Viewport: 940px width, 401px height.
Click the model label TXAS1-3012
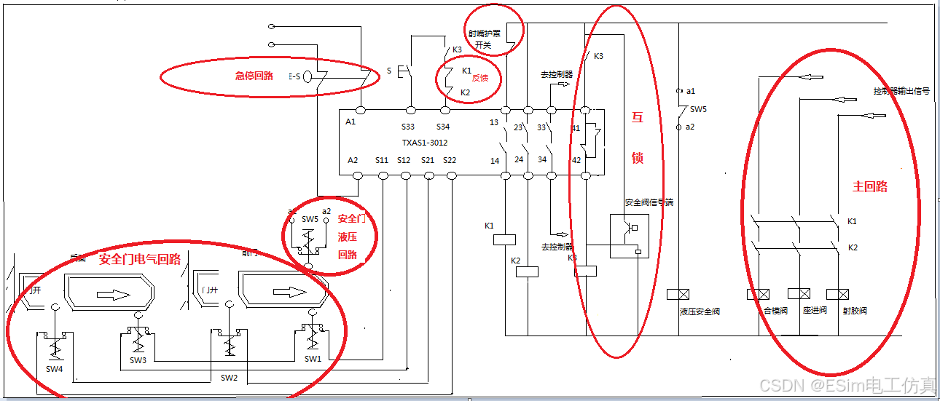424,143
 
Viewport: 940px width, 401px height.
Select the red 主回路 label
870,186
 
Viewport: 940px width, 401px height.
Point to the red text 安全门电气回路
139,259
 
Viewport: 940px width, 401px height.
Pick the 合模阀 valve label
775,311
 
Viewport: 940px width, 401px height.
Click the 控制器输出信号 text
901,91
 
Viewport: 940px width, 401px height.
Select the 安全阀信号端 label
649,202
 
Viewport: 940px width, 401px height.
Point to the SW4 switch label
55,370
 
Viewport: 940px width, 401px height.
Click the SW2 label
229,378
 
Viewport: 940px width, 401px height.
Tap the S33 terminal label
408,127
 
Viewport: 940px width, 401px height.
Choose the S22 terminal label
450,160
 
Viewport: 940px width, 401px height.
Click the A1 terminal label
351,122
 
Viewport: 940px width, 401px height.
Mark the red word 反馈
479,78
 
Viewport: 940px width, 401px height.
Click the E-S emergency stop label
294,75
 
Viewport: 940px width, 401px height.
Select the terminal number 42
577,160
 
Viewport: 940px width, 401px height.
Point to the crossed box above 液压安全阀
678,295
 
